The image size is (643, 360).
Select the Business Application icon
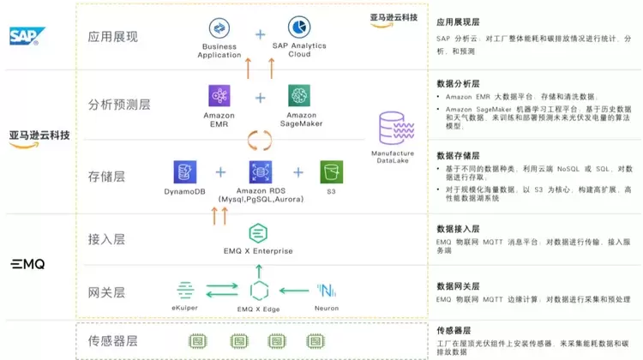(219, 28)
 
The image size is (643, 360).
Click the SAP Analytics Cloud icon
(299, 28)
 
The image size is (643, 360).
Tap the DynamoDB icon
(184, 172)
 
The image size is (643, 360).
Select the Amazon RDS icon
(260, 172)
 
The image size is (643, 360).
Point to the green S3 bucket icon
(331, 172)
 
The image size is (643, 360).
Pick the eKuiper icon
(185, 290)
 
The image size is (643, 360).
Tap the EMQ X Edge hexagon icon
(259, 291)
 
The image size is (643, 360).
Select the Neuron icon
(327, 290)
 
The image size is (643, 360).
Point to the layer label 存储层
(106, 177)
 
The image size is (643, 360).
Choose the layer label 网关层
(106, 291)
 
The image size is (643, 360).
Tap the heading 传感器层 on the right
(454, 330)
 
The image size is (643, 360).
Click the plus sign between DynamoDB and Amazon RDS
(220, 172)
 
